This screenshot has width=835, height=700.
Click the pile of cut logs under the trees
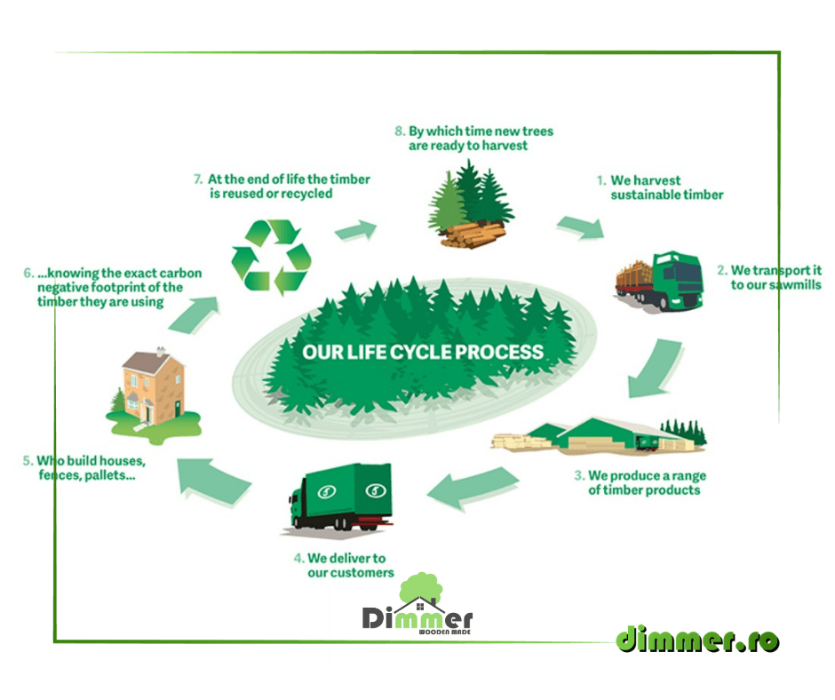(472, 235)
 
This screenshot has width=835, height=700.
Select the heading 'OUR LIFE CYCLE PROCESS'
(422, 351)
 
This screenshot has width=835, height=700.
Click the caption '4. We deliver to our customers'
(345, 565)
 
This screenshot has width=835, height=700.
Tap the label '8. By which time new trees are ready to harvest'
(473, 138)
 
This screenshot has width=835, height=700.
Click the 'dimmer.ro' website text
(697, 639)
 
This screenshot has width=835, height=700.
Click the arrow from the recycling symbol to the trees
(354, 232)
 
